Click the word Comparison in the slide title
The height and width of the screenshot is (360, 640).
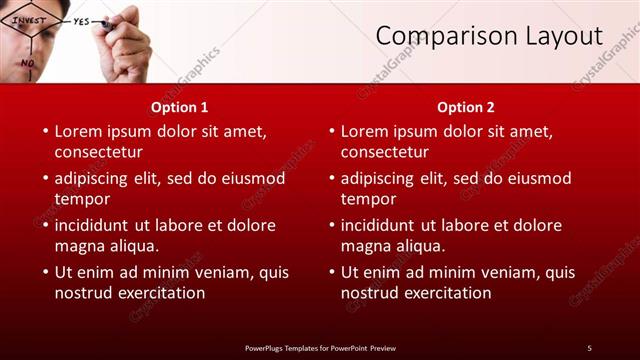click(x=440, y=37)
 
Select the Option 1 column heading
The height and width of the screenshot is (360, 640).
click(x=180, y=107)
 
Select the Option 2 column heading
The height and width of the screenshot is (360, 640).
click(x=466, y=107)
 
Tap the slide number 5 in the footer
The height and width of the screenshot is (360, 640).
click(x=589, y=347)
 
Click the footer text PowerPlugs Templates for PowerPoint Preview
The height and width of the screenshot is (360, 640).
click(x=320, y=347)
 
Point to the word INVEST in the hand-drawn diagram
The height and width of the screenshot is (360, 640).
click(x=30, y=19)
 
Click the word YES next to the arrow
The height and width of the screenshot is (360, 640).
click(x=81, y=20)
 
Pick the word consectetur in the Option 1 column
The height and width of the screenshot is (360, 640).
click(x=98, y=152)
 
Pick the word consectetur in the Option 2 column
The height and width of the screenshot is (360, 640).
click(x=384, y=152)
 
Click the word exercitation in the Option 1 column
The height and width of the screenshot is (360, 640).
click(x=159, y=293)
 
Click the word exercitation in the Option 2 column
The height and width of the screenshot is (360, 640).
click(x=445, y=293)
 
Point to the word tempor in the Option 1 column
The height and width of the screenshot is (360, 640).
click(x=82, y=199)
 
